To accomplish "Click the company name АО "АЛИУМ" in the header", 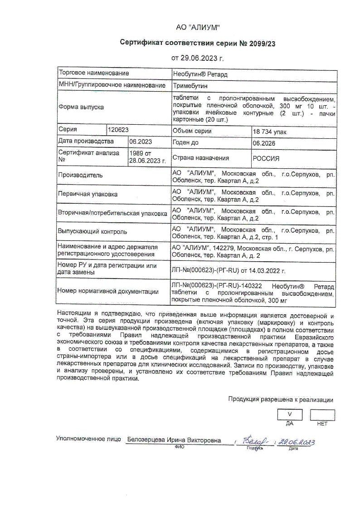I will (x=198, y=28).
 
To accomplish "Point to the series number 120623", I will (x=119, y=129).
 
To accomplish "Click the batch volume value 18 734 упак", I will (x=270, y=132).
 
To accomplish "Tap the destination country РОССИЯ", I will (x=266, y=158).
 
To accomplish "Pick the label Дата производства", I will (x=86, y=141).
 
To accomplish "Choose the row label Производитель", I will (x=80, y=175).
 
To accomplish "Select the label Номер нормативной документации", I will (x=108, y=292).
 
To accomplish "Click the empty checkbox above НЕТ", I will (x=322, y=415).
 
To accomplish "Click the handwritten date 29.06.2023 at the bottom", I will (x=297, y=442).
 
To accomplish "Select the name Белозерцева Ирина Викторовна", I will (x=174, y=440).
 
